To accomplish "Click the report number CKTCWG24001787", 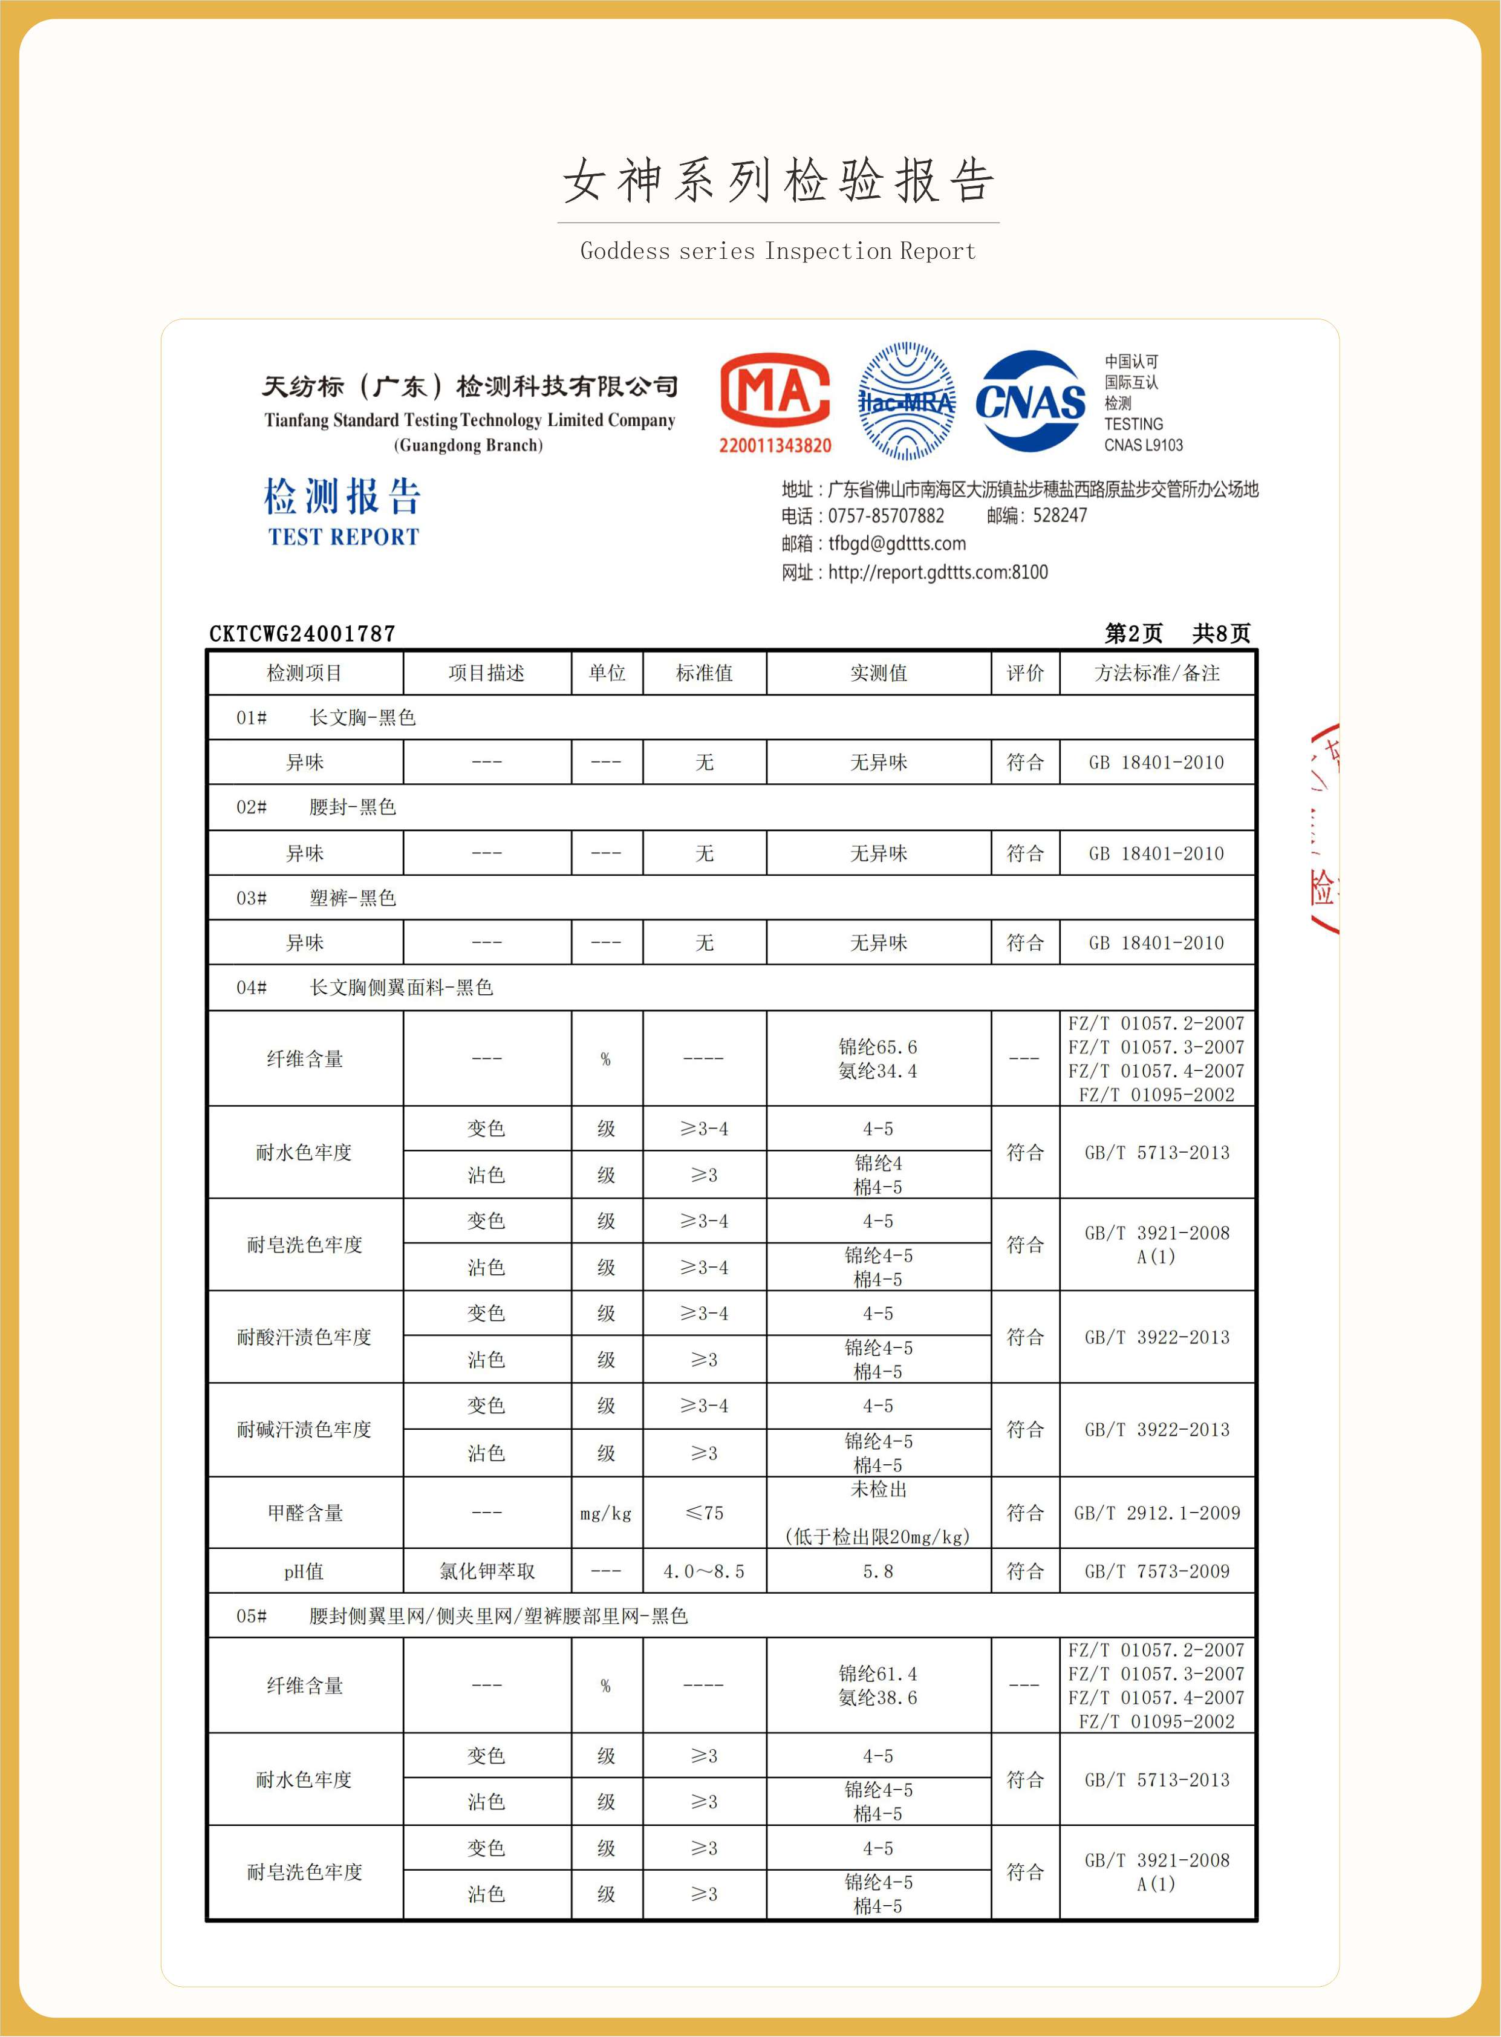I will tap(302, 633).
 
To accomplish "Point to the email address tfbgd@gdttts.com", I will tap(897, 543).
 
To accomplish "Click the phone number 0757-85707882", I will tap(886, 515).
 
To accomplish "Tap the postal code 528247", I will tap(1060, 515).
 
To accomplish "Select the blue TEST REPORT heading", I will tap(344, 537).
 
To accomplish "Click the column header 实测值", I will tap(879, 673).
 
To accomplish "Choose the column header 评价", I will tap(1025, 673).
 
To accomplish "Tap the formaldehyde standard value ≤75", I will tap(704, 1513).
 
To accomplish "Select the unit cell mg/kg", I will tap(606, 1513).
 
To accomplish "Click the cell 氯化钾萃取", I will tap(487, 1571).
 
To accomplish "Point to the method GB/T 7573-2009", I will tap(1157, 1571).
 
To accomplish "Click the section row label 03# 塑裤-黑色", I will tap(316, 898).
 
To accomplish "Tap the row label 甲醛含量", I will tap(305, 1513).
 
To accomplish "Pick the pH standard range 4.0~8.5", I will tap(704, 1571).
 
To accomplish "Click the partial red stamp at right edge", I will tap(1325, 829).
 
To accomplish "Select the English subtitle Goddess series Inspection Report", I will tap(778, 251).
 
